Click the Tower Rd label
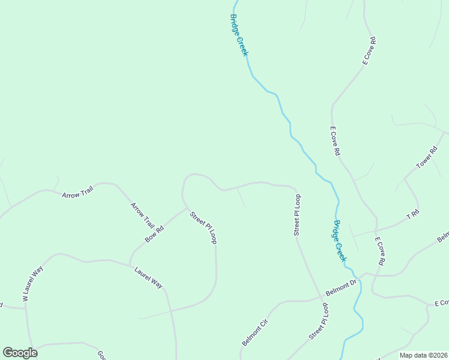pyautogui.click(x=427, y=157)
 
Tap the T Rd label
pyautogui.click(x=412, y=214)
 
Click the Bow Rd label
pyautogui.click(x=154, y=233)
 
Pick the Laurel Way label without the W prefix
pyautogui.click(x=148, y=277)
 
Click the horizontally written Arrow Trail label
pyautogui.click(x=77, y=195)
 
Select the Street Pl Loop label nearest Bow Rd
pyautogui.click(x=203, y=227)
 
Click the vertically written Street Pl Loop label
pyautogui.click(x=297, y=214)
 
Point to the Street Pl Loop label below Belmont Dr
pyautogui.click(x=319, y=322)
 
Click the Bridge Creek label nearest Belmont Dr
pyautogui.click(x=340, y=240)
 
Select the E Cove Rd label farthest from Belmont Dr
pyautogui.click(x=369, y=50)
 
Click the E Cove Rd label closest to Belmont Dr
pyautogui.click(x=380, y=251)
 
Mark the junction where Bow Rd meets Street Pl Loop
pyautogui.click(x=187, y=208)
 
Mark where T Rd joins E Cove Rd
pyautogui.click(x=376, y=230)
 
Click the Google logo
pyautogui.click(x=20, y=353)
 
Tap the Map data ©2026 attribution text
pyautogui.click(x=423, y=355)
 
